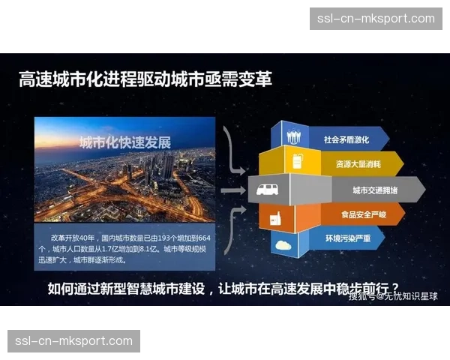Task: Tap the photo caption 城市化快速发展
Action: [125, 142]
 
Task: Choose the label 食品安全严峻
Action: [364, 215]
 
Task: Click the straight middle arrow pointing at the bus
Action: [234, 190]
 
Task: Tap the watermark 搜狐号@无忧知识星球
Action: [393, 296]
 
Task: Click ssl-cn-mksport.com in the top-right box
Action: [376, 18]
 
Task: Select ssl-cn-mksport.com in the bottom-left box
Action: [73, 341]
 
